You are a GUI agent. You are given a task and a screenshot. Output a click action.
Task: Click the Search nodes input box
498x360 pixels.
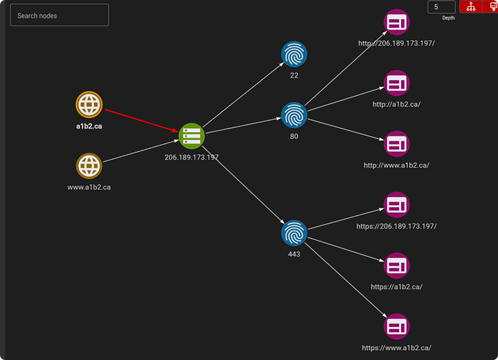[x=59, y=15]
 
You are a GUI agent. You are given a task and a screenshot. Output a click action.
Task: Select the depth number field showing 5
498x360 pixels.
[x=441, y=7]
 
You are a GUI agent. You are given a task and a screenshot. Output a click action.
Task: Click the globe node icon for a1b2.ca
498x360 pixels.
[x=89, y=104]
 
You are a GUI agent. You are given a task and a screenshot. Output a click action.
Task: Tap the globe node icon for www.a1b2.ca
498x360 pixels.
[x=89, y=166]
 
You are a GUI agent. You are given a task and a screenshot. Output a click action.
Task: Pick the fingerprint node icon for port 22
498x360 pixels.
[x=294, y=54]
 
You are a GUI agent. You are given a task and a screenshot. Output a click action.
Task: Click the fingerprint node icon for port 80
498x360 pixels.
[x=294, y=115]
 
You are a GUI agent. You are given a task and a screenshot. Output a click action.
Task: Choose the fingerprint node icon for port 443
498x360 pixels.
[x=294, y=233]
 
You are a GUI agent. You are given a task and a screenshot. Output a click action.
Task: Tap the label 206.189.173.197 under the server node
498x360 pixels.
[x=192, y=158]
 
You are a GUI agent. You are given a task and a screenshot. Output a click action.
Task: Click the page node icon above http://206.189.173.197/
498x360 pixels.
[x=397, y=22]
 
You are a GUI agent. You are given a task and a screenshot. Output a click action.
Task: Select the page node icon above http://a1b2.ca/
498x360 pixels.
[x=397, y=83]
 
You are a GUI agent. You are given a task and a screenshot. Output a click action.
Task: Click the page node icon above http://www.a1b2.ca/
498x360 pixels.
[x=397, y=144]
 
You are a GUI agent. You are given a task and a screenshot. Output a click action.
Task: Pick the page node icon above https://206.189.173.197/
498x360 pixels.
[x=397, y=205]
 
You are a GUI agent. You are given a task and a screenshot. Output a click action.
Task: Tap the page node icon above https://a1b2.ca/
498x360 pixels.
[x=397, y=266]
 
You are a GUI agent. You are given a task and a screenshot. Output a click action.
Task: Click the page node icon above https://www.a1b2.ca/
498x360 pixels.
[x=397, y=326]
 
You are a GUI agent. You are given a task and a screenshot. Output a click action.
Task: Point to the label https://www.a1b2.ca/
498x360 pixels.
[x=397, y=347]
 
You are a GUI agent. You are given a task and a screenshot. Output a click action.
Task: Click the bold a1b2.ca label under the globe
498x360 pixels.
[x=89, y=126]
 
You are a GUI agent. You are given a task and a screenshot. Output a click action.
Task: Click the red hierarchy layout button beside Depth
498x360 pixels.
[x=471, y=7]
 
